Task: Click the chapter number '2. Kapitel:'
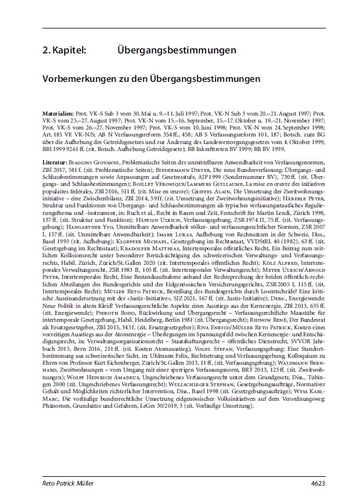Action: tap(64, 51)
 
